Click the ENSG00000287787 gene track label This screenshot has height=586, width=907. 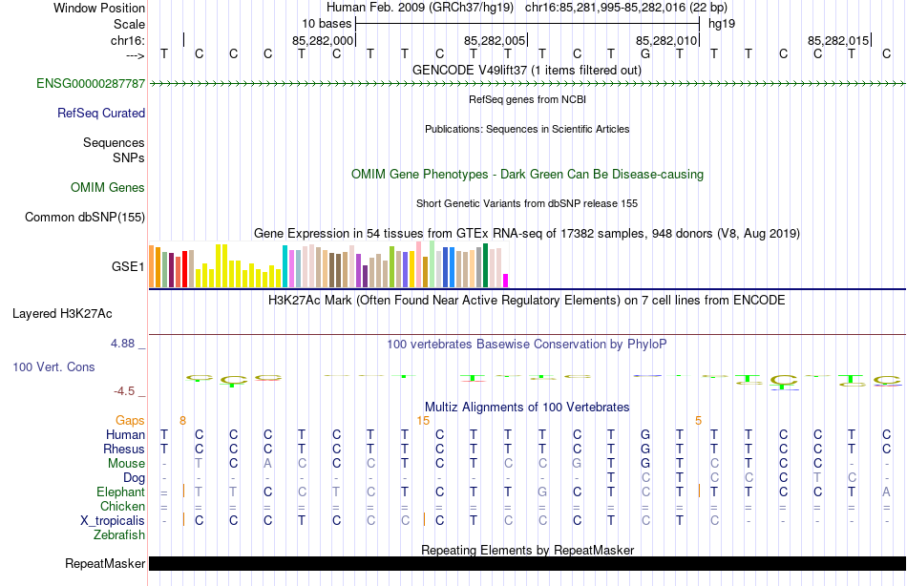click(x=91, y=84)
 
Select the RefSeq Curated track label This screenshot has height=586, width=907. click(x=101, y=113)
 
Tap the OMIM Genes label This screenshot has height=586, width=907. click(x=108, y=188)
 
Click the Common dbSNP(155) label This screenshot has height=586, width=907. click(x=84, y=218)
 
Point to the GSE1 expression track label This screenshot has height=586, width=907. click(x=128, y=267)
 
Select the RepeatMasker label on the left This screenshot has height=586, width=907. click(x=105, y=564)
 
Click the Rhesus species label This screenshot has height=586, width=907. click(x=125, y=449)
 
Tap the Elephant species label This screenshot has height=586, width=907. click(x=120, y=492)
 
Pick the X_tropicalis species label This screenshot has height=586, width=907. click(x=113, y=520)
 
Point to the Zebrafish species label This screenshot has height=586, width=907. click(x=119, y=534)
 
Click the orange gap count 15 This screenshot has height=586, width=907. click(x=424, y=420)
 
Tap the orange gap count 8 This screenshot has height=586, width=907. click(x=182, y=420)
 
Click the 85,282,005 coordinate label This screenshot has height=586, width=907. click(x=495, y=41)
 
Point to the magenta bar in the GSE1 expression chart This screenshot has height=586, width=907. click(x=505, y=280)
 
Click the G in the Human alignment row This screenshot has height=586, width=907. click(x=645, y=434)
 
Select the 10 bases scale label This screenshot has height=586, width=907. click(x=327, y=22)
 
